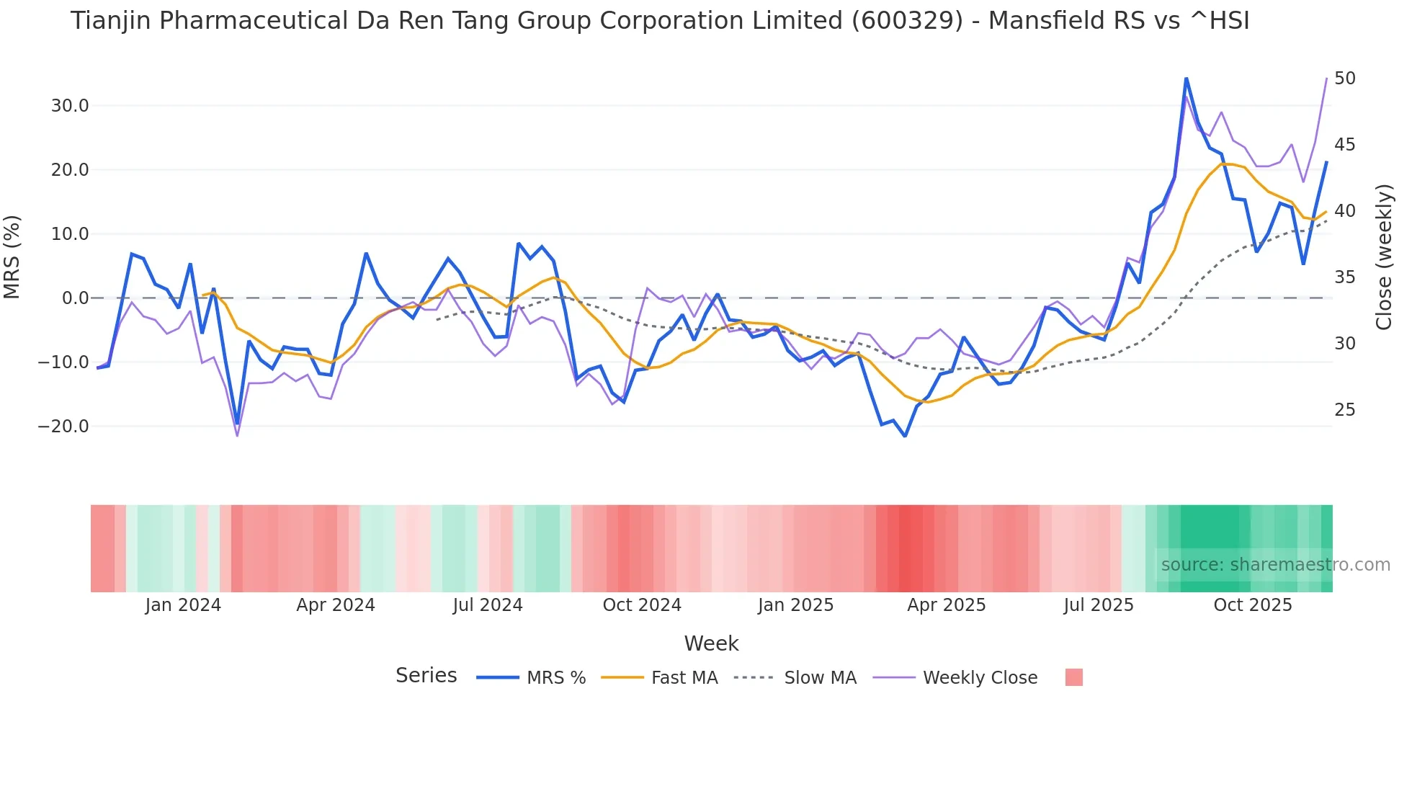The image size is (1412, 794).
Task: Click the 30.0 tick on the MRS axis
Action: coord(69,106)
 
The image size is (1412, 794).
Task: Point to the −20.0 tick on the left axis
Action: coord(63,427)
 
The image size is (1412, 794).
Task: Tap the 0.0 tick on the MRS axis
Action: coord(75,298)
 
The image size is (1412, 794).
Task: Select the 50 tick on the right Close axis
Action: coord(1344,79)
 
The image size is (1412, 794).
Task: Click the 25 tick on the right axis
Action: coord(1344,410)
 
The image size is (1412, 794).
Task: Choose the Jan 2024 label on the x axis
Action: coord(183,605)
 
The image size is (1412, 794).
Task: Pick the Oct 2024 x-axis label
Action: coord(642,605)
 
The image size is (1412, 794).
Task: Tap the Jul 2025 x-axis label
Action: coord(1098,605)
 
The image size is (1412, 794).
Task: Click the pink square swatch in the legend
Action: coord(1073,677)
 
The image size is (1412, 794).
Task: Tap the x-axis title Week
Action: coord(711,643)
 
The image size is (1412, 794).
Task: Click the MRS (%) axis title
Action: coord(12,257)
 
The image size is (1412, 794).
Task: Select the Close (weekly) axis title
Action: coord(1384,257)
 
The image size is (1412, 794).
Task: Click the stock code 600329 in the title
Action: coord(907,21)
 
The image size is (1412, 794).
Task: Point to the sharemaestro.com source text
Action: coord(1275,565)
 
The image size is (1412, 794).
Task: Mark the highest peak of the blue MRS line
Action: coord(1186,79)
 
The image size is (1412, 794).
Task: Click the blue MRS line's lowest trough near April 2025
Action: coord(905,436)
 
